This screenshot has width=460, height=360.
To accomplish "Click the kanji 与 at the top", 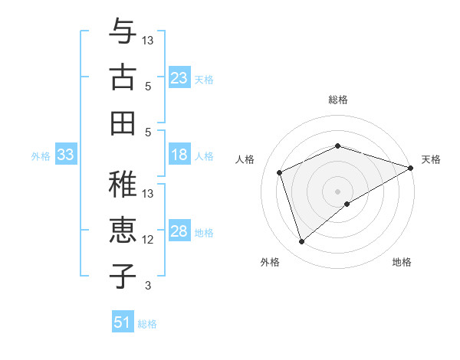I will [x=123, y=33].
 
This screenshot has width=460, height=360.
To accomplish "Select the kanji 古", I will [x=123, y=77].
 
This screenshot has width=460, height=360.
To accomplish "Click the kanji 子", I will [x=123, y=275].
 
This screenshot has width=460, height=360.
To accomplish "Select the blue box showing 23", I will [x=179, y=78].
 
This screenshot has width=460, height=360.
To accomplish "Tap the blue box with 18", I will [x=179, y=155].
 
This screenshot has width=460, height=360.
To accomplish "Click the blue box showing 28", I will [x=179, y=232].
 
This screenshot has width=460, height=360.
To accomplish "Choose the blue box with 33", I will [x=65, y=155].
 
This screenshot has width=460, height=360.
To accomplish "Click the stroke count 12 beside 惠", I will [x=149, y=240].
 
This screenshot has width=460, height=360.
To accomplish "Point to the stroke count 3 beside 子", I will [x=149, y=286].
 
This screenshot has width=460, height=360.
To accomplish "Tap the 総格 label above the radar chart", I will [x=338, y=100].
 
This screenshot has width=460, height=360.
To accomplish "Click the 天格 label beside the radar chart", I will [x=431, y=159].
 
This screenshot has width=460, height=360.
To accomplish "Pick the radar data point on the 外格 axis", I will [x=301, y=242].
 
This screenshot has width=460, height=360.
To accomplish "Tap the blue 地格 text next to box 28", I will [x=204, y=233].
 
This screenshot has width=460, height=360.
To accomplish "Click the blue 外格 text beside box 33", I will [x=41, y=156].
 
